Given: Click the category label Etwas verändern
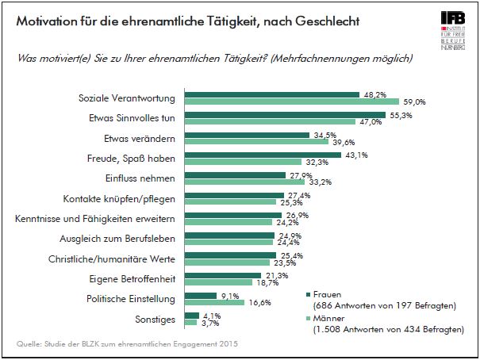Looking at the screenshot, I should click(141, 138).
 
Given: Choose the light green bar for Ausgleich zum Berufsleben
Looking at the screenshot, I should click(228, 243).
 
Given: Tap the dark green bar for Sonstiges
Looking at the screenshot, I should click(191, 315).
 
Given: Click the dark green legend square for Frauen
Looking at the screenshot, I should click(309, 294).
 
